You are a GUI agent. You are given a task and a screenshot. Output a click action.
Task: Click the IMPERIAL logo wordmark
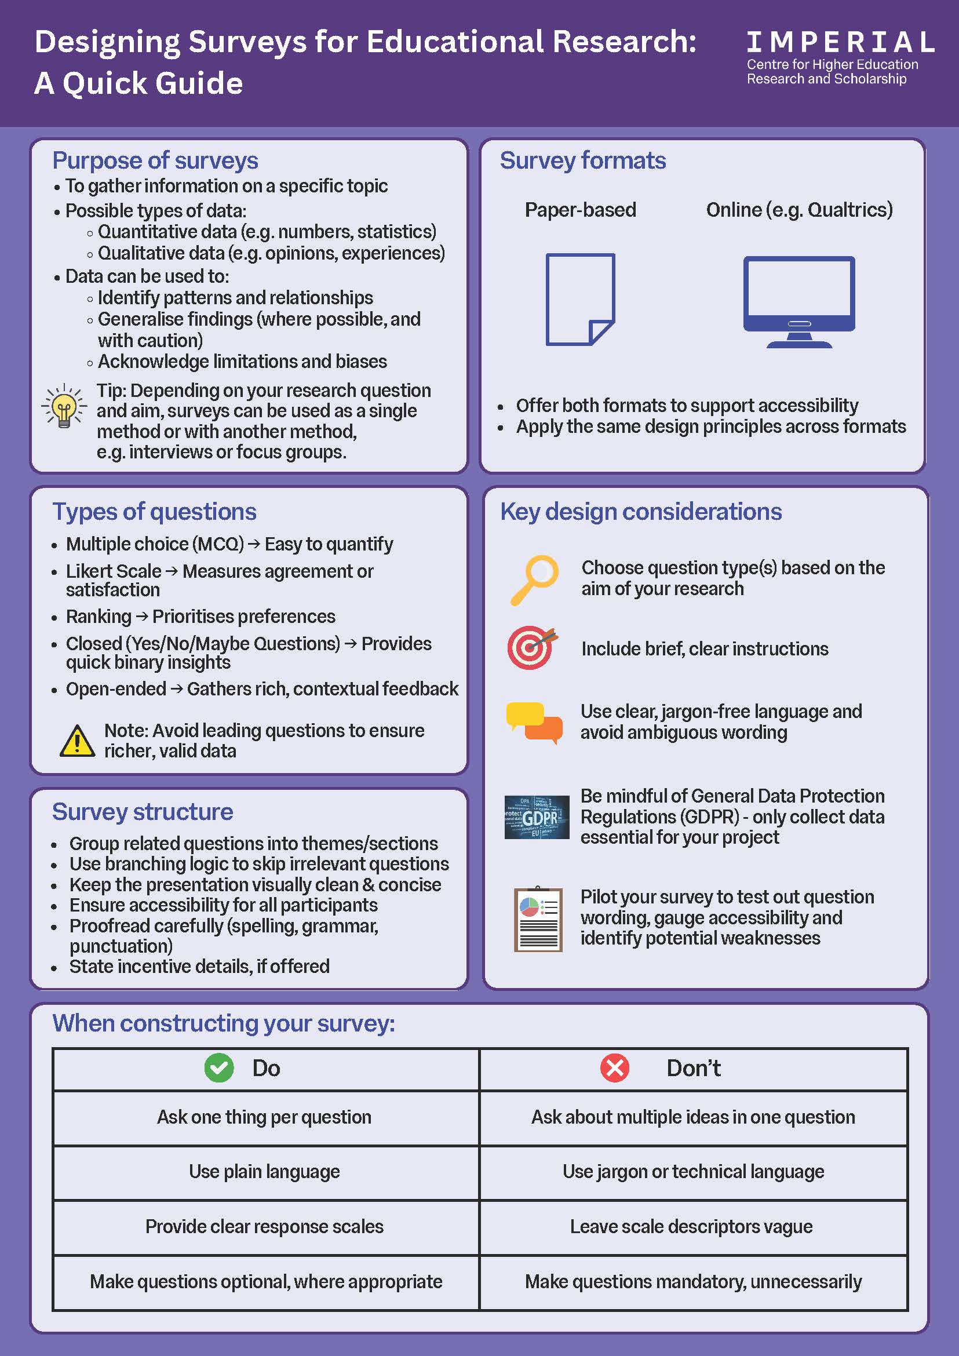tap(840, 42)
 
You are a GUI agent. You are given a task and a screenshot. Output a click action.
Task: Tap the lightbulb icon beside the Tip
tap(64, 406)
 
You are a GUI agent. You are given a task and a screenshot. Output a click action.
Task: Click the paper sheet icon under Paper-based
tap(580, 300)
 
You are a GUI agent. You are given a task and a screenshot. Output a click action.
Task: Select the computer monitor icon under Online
tap(799, 302)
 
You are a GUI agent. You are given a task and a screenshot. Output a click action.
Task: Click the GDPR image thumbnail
tap(537, 817)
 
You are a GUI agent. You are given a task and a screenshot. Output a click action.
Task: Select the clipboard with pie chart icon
tap(537, 919)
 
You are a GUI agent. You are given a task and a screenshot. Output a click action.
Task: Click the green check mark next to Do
tap(219, 1068)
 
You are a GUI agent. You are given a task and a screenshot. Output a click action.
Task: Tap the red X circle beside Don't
tap(615, 1068)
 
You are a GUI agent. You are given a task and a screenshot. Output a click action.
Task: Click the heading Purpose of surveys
tap(155, 161)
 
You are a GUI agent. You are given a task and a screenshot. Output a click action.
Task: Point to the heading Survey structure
tap(143, 811)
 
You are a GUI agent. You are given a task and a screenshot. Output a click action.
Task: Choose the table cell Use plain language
tap(265, 1171)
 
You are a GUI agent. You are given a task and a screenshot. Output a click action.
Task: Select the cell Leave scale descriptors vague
tap(691, 1226)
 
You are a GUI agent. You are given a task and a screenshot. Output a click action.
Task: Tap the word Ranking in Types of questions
tap(99, 616)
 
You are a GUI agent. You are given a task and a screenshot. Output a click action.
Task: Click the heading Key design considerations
tap(641, 512)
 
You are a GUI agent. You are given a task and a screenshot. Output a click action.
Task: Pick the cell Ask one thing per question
tap(265, 1117)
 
